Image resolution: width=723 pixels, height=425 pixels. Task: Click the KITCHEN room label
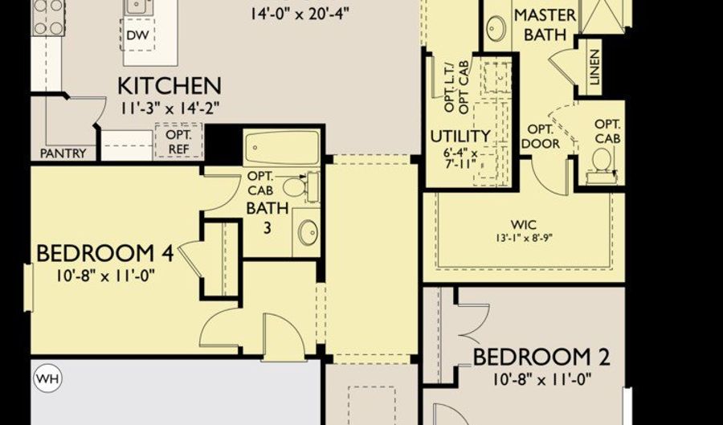(170, 85)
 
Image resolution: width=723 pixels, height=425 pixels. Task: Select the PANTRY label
(63, 153)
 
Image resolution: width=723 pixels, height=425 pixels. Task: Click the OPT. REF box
(178, 141)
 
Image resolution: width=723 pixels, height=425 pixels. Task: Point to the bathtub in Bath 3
(282, 147)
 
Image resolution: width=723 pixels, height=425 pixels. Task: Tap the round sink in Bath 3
(308, 231)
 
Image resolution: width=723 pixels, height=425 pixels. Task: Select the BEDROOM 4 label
(105, 254)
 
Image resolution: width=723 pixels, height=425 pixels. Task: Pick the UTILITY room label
(460, 136)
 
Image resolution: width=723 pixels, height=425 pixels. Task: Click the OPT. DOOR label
(540, 136)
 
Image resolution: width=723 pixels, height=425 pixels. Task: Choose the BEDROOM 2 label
(541, 357)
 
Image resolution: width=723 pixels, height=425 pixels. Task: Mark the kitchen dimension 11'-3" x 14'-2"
(170, 107)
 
